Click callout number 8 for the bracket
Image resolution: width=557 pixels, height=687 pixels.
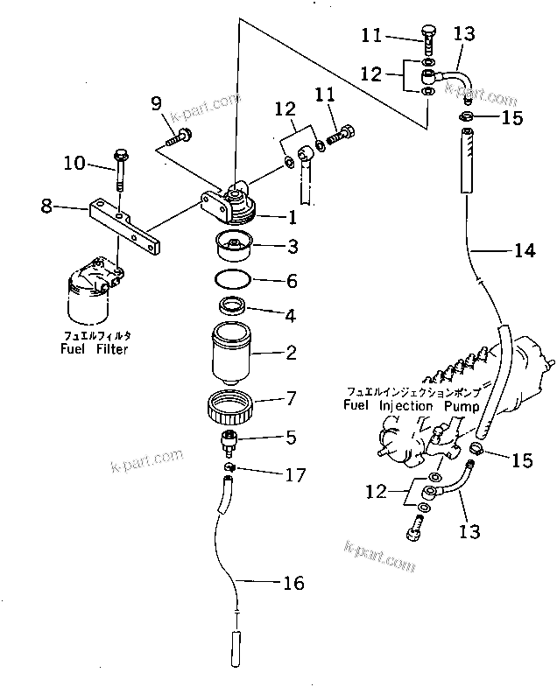click(x=46, y=207)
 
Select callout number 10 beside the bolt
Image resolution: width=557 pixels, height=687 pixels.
click(x=74, y=162)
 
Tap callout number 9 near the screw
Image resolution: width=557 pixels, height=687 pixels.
click(x=157, y=105)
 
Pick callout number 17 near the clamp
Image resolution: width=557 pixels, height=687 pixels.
click(x=296, y=476)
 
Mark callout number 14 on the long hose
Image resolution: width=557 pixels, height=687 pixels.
click(x=524, y=252)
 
